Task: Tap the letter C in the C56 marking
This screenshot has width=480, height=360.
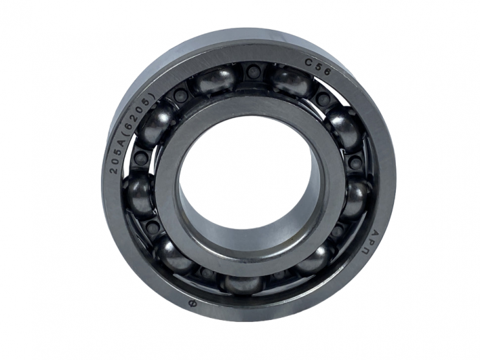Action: click(308, 63)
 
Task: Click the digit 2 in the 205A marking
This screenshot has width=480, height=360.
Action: click(114, 170)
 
